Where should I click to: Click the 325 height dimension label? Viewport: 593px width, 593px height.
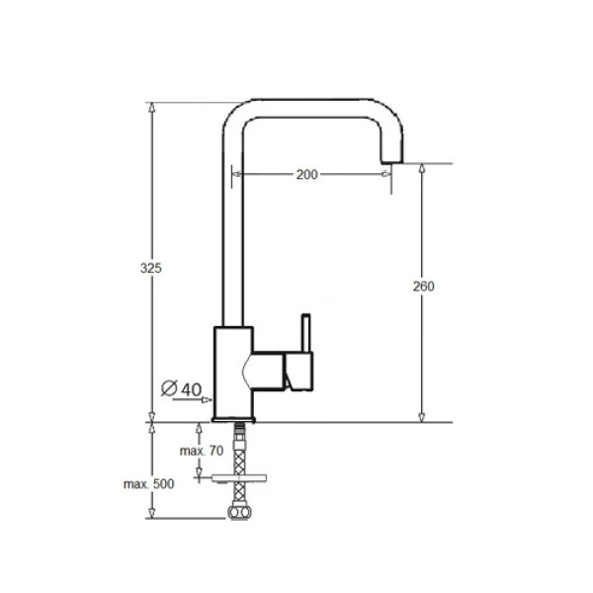pyautogui.click(x=151, y=268)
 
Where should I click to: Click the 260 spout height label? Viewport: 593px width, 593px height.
pyautogui.click(x=424, y=287)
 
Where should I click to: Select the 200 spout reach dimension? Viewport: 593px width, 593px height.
pyautogui.click(x=306, y=175)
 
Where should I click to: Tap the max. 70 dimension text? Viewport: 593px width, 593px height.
pyautogui.click(x=202, y=451)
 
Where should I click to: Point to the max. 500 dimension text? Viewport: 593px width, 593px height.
pyautogui.click(x=148, y=484)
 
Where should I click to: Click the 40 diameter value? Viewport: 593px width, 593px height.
pyautogui.click(x=192, y=389)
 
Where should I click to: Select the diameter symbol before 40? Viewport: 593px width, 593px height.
pyautogui.click(x=169, y=388)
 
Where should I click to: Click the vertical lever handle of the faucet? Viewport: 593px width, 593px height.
pyautogui.click(x=306, y=333)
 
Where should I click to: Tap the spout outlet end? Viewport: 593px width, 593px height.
pyautogui.click(x=391, y=161)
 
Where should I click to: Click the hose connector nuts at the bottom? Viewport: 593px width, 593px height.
pyautogui.click(x=239, y=512)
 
